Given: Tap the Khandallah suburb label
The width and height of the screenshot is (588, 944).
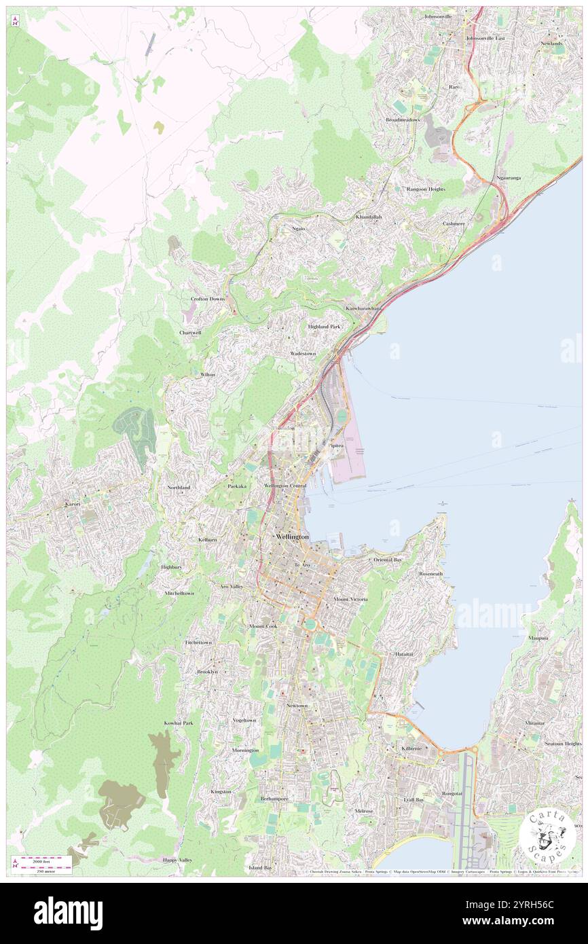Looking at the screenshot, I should coord(369,217).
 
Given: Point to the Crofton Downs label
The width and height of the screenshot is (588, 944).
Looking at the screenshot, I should coord(207,299).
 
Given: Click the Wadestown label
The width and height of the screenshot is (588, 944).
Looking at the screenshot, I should coord(304,354).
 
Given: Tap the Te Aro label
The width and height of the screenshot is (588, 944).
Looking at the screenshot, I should coord(301,565).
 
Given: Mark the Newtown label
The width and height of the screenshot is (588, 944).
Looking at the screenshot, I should coord(297,706).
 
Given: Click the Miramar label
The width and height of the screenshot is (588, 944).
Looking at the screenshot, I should coord(534,723).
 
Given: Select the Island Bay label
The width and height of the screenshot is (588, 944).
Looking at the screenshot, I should coord(260,867).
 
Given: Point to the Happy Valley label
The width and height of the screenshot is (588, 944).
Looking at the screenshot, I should coord(177,860).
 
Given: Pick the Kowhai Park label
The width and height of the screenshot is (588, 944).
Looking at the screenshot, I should coord(179,723).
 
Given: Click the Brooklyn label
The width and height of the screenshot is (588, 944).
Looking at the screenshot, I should coord(207,671).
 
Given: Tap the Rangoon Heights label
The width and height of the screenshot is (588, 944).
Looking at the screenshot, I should coord(426,189).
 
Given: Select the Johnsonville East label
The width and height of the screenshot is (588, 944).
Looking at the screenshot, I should coord(485,38).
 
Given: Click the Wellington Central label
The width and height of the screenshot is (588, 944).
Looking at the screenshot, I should coord(285,486).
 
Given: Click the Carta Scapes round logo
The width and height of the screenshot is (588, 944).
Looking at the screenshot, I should coord(547,836).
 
